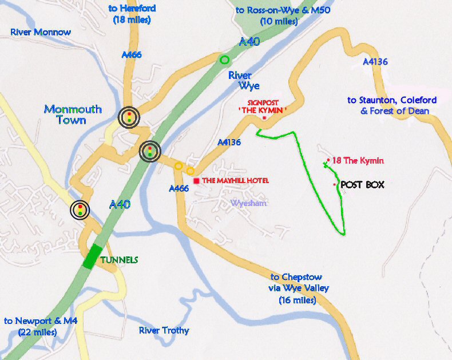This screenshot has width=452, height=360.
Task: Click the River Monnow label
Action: click(x=41, y=32)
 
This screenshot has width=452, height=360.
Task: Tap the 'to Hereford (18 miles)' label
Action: click(x=132, y=14)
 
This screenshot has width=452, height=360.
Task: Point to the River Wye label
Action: click(x=244, y=80)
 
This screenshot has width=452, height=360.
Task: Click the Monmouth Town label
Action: click(x=73, y=114)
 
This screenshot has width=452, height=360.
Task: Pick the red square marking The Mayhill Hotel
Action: click(x=196, y=181)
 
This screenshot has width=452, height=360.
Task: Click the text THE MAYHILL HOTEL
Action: click(x=235, y=181)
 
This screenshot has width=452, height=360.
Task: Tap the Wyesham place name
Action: click(x=249, y=203)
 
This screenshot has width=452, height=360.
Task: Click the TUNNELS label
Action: click(x=119, y=260)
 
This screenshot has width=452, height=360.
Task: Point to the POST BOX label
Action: click(x=362, y=185)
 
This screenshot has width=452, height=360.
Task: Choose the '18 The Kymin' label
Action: click(x=358, y=161)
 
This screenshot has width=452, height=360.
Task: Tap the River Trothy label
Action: click(x=164, y=330)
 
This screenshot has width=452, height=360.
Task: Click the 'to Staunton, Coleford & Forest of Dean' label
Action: click(x=392, y=105)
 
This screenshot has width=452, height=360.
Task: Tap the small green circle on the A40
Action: click(x=224, y=59)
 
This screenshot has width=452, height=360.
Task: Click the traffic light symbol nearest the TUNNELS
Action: click(x=80, y=210)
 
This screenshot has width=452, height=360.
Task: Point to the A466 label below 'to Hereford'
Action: click(x=132, y=55)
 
